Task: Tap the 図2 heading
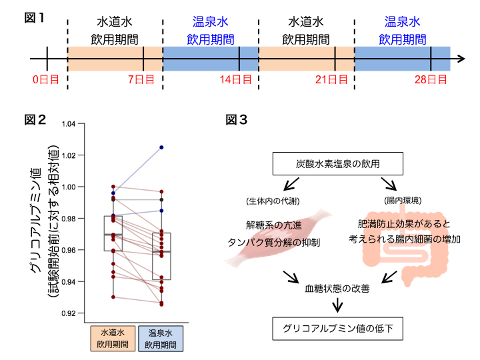pos(35,120)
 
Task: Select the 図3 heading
pos(237,120)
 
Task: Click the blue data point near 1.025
pos(161,147)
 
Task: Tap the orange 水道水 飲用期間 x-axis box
pos(113,338)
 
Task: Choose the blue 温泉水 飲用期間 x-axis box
pos(161,338)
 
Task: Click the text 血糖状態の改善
pos(336,289)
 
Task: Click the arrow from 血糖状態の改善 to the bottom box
pos(337,305)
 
